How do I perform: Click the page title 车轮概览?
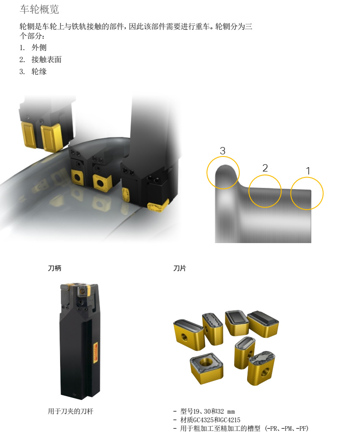pos(39,9)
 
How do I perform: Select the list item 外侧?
pos(39,48)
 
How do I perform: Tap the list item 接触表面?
pos(46,59)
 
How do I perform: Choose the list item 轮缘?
pos(39,72)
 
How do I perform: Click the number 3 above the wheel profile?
pos(222,151)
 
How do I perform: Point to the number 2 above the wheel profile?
pos(265,168)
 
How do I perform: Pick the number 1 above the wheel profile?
pos(308,171)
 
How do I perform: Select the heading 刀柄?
pos(54,268)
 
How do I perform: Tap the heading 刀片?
pos(180,268)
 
